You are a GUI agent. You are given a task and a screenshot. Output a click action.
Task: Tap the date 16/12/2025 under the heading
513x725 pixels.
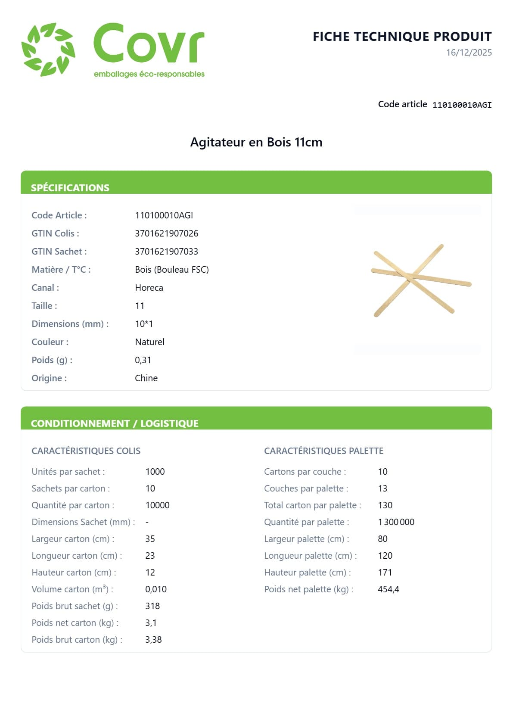[469, 53]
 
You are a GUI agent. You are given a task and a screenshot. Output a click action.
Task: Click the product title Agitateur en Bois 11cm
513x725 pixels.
[256, 142]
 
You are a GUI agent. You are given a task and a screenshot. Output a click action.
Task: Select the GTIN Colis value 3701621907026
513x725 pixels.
[166, 233]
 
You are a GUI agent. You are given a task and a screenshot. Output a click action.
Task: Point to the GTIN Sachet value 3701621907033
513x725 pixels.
[166, 252]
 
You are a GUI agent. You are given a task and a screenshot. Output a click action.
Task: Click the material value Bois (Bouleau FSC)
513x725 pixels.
[171, 270]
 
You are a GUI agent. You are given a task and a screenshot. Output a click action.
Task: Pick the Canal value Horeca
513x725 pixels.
[149, 288]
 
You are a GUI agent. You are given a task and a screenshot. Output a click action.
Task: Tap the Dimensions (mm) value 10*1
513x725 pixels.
[144, 324]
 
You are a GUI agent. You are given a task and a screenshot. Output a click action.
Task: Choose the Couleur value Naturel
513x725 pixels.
[149, 342]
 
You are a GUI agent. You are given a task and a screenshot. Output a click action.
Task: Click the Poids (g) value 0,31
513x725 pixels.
[143, 360]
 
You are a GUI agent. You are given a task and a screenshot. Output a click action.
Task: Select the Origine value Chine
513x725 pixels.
[146, 378]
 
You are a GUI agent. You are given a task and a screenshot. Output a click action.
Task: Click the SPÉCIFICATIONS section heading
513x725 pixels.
[70, 188]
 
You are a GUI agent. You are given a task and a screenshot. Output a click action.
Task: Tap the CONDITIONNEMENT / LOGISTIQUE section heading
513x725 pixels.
[115, 423]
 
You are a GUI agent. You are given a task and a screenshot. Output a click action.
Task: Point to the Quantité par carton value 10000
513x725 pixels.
[157, 505]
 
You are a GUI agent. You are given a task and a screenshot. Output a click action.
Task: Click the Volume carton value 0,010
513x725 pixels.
[155, 589]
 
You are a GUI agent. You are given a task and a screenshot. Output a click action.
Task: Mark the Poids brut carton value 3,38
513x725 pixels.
[153, 640]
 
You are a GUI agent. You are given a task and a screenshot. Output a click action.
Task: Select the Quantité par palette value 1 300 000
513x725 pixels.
[396, 522]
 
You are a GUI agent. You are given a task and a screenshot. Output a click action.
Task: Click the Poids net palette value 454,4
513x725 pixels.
[388, 589]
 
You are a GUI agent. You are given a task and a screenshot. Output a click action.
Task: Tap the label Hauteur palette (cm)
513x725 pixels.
[307, 573]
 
